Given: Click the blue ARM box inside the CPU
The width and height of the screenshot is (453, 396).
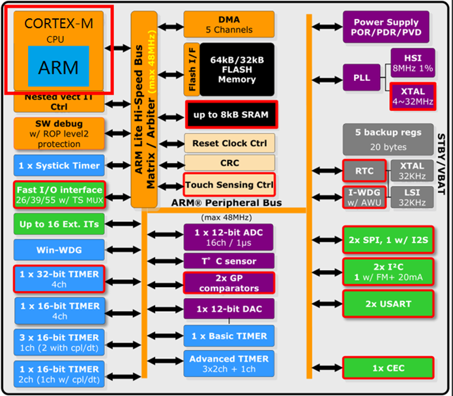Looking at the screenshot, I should click(x=58, y=67).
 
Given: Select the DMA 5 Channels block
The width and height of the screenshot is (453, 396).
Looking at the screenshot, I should click(x=228, y=24).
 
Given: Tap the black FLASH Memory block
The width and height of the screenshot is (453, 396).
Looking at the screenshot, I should click(x=237, y=69).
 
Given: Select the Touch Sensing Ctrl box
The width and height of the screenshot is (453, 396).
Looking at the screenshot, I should click(x=229, y=185).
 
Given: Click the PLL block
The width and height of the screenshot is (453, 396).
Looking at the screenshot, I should click(x=362, y=78).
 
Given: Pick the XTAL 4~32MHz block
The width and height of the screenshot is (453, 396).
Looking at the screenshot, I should click(x=412, y=97).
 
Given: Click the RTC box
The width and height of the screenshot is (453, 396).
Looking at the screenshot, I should click(x=364, y=172).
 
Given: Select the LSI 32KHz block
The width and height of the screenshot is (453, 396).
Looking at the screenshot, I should click(x=412, y=198).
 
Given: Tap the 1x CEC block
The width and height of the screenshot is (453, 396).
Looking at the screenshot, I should click(x=387, y=369).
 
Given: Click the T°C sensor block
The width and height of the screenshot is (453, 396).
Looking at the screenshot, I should click(x=228, y=261).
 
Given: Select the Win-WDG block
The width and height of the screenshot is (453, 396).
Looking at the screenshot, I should click(x=59, y=249).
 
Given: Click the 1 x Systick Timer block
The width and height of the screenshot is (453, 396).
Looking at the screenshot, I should click(x=59, y=166).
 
